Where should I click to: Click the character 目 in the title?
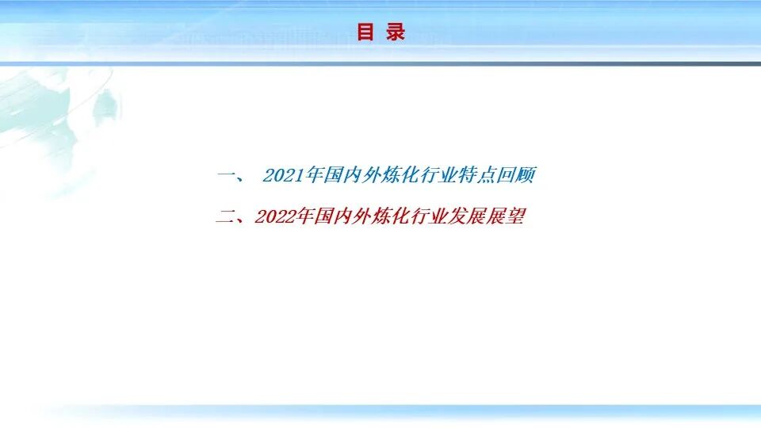[x=365, y=32]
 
